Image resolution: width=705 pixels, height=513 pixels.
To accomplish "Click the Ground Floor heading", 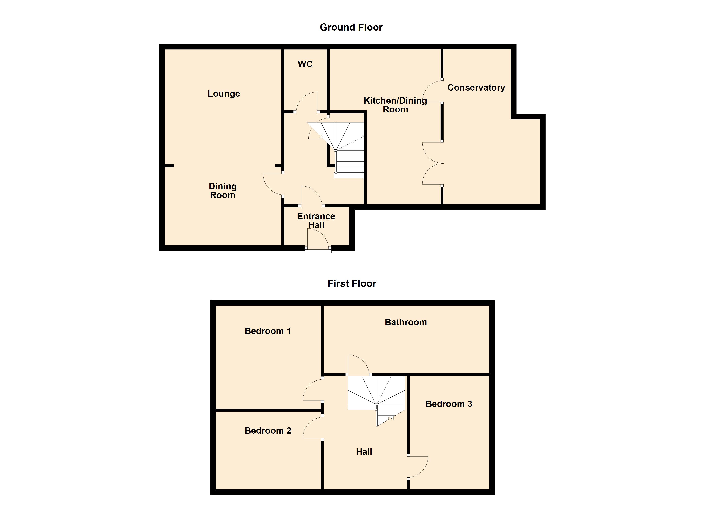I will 351,27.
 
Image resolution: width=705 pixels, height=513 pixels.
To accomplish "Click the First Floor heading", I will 352,283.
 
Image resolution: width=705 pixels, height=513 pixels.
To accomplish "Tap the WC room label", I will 305,64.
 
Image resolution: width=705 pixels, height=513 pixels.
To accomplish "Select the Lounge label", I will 223,94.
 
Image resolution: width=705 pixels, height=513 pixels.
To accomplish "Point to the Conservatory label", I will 476,88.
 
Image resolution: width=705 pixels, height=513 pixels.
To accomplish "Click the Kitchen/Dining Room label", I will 395,105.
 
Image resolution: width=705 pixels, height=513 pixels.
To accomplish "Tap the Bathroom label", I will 406,322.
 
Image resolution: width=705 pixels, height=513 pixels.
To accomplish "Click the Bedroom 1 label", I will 268,331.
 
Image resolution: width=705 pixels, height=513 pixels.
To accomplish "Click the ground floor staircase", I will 345,149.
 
